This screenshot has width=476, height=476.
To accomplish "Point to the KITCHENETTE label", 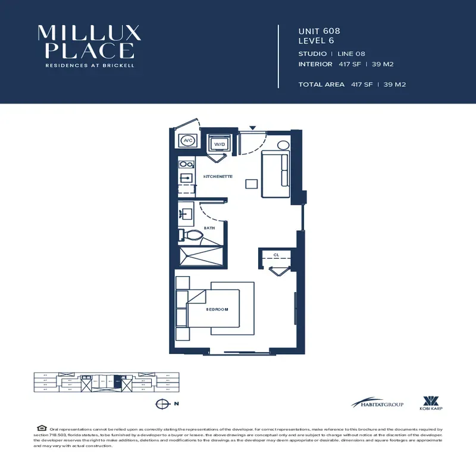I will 218,177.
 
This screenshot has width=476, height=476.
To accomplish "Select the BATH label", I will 209,228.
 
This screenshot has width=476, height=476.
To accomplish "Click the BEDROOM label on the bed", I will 217,309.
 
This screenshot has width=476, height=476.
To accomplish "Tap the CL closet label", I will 276,255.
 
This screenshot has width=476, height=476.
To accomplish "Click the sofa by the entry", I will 275,174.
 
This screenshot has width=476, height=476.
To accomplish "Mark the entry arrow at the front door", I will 252,128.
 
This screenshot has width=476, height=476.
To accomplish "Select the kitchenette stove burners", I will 185,164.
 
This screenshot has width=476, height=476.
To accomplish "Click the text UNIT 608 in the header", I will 319,30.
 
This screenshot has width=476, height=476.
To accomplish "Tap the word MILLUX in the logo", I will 89,33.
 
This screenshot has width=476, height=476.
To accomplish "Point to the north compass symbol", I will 160,404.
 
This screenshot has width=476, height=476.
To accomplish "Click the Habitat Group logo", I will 377,403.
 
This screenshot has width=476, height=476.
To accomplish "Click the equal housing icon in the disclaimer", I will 41,428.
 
